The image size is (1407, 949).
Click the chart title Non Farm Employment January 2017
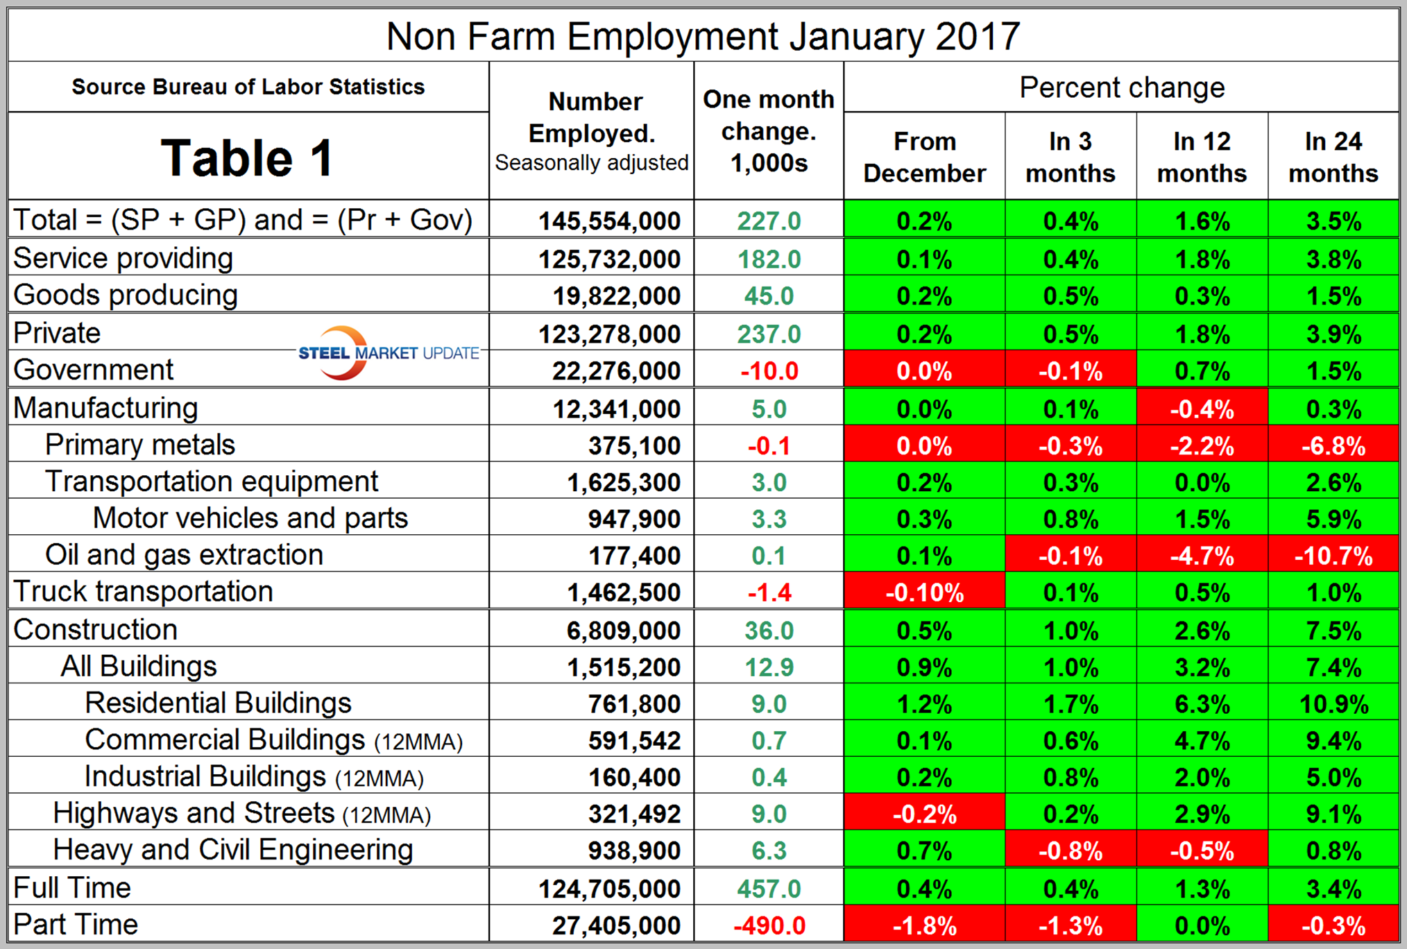[x=703, y=36]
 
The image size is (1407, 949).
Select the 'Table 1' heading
[x=247, y=157]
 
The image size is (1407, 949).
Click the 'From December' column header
[x=924, y=157]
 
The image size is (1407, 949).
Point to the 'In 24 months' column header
[x=1333, y=157]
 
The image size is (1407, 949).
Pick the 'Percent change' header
[x=1121, y=88]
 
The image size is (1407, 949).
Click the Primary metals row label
[x=140, y=445]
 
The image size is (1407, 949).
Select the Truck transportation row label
[x=143, y=592]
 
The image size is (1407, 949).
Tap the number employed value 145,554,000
[x=609, y=221]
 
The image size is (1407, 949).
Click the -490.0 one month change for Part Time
[x=769, y=925]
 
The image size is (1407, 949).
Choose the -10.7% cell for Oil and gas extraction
[x=1333, y=556]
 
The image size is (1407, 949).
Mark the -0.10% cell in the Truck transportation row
[x=924, y=593]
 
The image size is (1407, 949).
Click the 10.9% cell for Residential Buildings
[x=1333, y=704]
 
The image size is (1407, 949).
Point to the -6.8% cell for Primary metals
[x=1333, y=445]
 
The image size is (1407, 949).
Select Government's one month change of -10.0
[x=769, y=371]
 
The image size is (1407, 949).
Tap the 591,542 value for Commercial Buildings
[x=634, y=741]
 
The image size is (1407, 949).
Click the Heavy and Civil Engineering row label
[x=233, y=850]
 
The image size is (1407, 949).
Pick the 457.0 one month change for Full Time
[x=769, y=889]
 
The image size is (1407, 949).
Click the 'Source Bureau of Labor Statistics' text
[x=248, y=87]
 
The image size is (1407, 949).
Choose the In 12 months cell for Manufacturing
[x=1202, y=409]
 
